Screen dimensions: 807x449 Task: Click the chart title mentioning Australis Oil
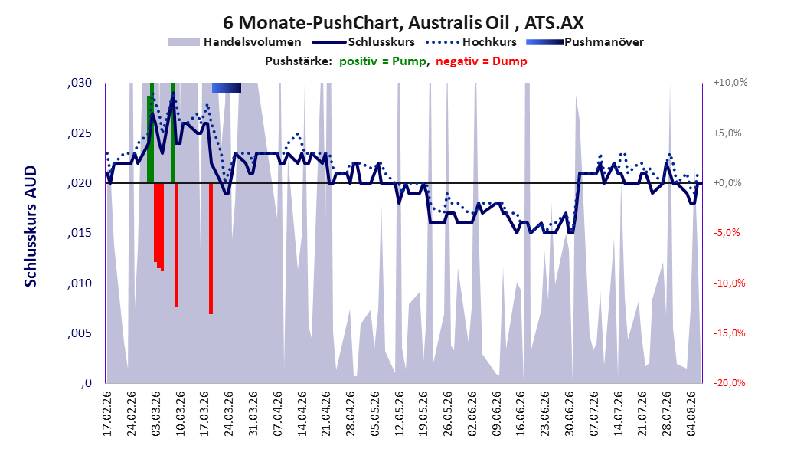[x=403, y=23]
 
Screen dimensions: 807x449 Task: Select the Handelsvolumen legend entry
[x=234, y=42]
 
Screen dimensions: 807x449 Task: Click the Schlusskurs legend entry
[x=364, y=42]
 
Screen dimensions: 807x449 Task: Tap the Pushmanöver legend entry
[x=585, y=42]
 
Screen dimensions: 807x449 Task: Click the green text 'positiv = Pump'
[x=382, y=61]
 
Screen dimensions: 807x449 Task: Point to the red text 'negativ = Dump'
[x=482, y=61]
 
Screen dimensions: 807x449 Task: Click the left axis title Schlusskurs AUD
[x=31, y=226]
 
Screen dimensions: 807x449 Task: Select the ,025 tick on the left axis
[x=80, y=133]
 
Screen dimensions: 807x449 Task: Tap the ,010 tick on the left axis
[x=80, y=283]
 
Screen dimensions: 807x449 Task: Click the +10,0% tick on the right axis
[x=730, y=83]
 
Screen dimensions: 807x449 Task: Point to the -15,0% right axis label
[x=729, y=333]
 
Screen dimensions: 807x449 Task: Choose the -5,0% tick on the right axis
[x=727, y=233]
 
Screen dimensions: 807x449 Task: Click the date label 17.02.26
[x=107, y=414]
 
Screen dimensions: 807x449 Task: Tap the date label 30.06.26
[x=569, y=414]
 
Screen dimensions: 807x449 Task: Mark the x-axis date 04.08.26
[x=691, y=414]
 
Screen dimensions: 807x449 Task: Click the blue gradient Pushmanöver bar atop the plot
[x=227, y=87]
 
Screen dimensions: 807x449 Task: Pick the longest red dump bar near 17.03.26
[x=211, y=248]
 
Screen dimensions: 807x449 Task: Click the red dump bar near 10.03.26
[x=177, y=245]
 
